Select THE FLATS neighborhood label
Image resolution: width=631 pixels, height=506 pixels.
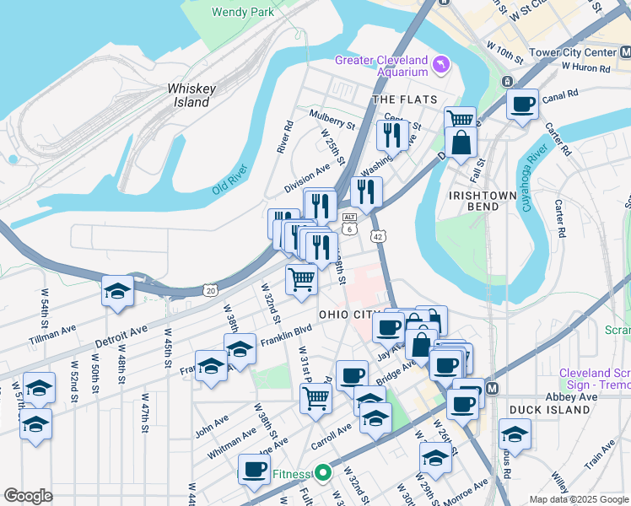[405, 100]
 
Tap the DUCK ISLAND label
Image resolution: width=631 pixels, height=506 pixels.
[543, 410]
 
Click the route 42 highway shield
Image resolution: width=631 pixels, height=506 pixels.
[380, 238]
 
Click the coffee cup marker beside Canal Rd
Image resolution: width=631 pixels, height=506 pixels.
[522, 105]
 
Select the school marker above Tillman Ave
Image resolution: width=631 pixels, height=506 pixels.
[118, 292]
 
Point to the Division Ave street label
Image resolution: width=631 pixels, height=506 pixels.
[307, 178]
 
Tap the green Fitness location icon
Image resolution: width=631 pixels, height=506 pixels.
[321, 474]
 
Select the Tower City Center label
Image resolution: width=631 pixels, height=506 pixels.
[572, 52]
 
